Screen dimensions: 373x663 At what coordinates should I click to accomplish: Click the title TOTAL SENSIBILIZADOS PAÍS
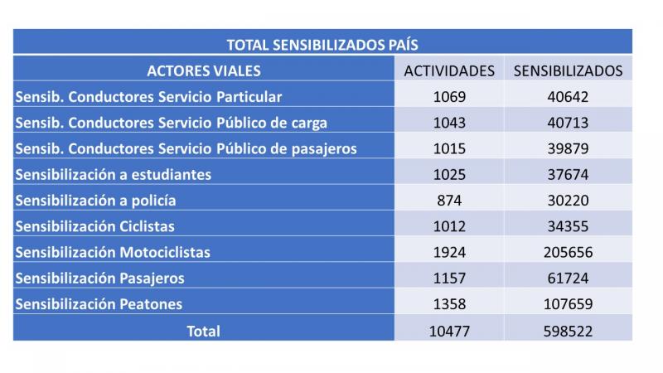(322, 45)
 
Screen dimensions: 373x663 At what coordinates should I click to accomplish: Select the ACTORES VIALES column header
(203, 70)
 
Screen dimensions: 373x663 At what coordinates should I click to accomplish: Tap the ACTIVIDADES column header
(449, 70)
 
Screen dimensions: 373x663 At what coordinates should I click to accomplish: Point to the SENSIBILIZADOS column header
(568, 70)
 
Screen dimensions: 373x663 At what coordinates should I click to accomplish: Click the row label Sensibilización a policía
(95, 200)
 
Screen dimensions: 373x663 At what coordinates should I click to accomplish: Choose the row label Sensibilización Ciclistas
(95, 226)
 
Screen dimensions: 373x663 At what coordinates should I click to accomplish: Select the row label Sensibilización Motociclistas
(113, 252)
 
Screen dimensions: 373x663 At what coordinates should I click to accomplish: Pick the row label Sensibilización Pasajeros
(99, 278)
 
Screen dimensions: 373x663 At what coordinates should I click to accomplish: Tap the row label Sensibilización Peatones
(99, 303)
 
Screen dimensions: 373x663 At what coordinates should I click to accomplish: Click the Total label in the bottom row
(203, 330)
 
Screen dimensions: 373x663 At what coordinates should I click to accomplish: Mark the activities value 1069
(449, 96)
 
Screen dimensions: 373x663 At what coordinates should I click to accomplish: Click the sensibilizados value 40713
(568, 123)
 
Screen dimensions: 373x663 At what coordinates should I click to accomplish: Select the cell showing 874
(449, 200)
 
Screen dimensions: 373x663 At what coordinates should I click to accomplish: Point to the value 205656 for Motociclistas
(568, 252)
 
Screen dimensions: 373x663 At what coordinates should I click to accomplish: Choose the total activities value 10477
(449, 330)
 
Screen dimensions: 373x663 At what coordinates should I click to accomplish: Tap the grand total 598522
(568, 330)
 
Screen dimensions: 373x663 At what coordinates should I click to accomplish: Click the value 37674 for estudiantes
(568, 174)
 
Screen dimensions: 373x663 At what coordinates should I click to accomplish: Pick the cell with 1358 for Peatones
(449, 303)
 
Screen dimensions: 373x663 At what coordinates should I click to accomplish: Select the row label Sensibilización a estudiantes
(113, 174)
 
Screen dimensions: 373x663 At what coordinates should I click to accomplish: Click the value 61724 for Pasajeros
(568, 278)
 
